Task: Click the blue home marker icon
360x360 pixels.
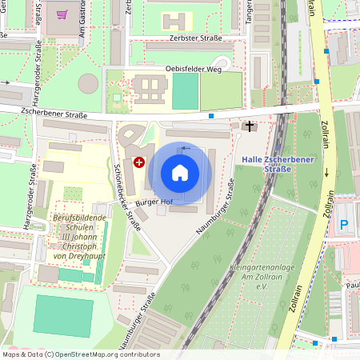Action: [180, 173]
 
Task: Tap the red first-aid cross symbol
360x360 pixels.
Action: [139, 162]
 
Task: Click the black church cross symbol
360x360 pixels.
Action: [250, 126]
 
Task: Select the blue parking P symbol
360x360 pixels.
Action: [344, 226]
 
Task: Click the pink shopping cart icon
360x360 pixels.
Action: [62, 14]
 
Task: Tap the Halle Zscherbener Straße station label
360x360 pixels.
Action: [278, 165]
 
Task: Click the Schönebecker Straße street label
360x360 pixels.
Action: [128, 196]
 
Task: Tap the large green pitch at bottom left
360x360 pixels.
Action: [52, 316]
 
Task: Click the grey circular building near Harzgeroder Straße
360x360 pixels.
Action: [88, 83]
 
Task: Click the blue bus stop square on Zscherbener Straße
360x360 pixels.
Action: [211, 116]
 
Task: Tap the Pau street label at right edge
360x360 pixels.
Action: [352, 284]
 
